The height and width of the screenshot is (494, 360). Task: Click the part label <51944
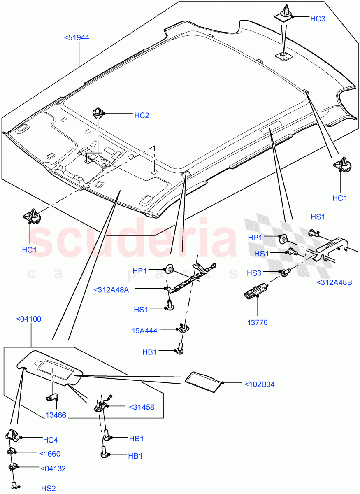point(77,38)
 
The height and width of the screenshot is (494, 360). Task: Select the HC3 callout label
point(318,19)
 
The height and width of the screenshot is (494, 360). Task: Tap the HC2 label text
point(142,115)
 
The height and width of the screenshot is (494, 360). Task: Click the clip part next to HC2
point(98,112)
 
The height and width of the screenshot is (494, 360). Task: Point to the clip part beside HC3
point(283,13)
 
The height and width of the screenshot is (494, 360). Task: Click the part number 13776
point(258,322)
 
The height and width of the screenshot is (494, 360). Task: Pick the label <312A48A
point(111,290)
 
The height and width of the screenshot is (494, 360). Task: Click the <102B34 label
point(259,384)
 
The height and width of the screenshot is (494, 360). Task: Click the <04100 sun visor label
point(28,319)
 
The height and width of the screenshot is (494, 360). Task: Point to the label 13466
point(55,416)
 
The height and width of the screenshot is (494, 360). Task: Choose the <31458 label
point(141,407)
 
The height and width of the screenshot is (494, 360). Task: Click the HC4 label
point(50,440)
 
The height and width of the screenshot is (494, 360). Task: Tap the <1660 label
point(50,454)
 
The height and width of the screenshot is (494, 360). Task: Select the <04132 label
point(53,468)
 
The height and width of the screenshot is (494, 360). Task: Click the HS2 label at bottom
point(48,488)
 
